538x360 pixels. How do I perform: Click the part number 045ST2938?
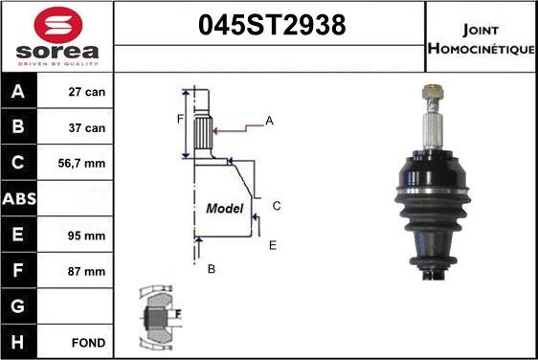click(x=270, y=26)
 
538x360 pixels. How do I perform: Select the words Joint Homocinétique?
click(x=481, y=37)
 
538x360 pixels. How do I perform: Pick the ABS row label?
click(x=20, y=199)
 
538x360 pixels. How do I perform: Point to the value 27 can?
click(x=86, y=93)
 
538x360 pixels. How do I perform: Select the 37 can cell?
click(x=86, y=128)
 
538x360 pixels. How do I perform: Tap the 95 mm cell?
click(x=86, y=236)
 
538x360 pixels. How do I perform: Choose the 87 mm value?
click(x=86, y=271)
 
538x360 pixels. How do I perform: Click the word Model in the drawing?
click(x=225, y=208)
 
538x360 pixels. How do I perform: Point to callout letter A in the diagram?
click(x=270, y=121)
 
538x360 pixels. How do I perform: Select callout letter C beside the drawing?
click(x=276, y=206)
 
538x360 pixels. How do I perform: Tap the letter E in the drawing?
click(x=272, y=246)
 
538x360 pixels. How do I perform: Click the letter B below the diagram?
click(x=212, y=269)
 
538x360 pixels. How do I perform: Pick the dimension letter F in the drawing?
click(x=179, y=120)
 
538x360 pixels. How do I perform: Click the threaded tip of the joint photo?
click(x=431, y=94)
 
